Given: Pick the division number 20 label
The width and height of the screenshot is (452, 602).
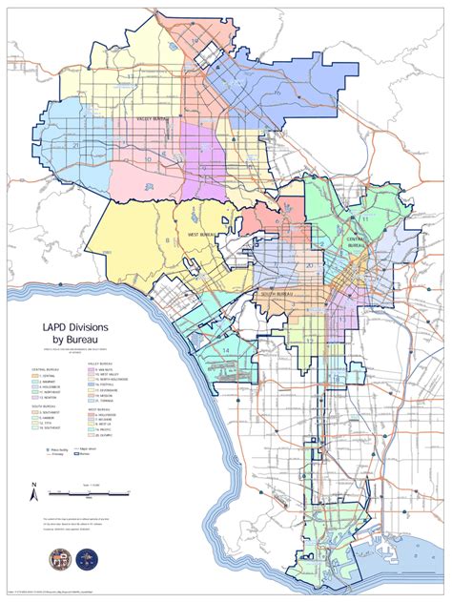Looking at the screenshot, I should click(x=309, y=266).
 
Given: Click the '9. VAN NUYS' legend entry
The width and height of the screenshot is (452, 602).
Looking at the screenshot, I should click(x=107, y=369).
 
